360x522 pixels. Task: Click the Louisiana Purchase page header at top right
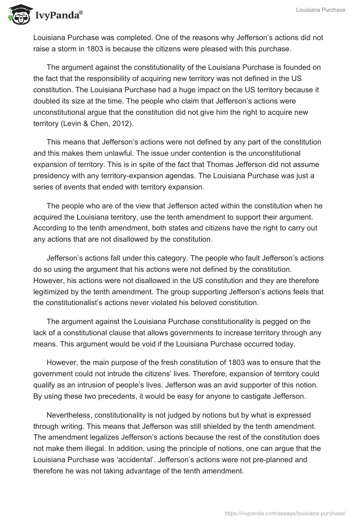point(320,10)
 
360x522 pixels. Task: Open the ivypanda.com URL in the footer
point(285,513)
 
